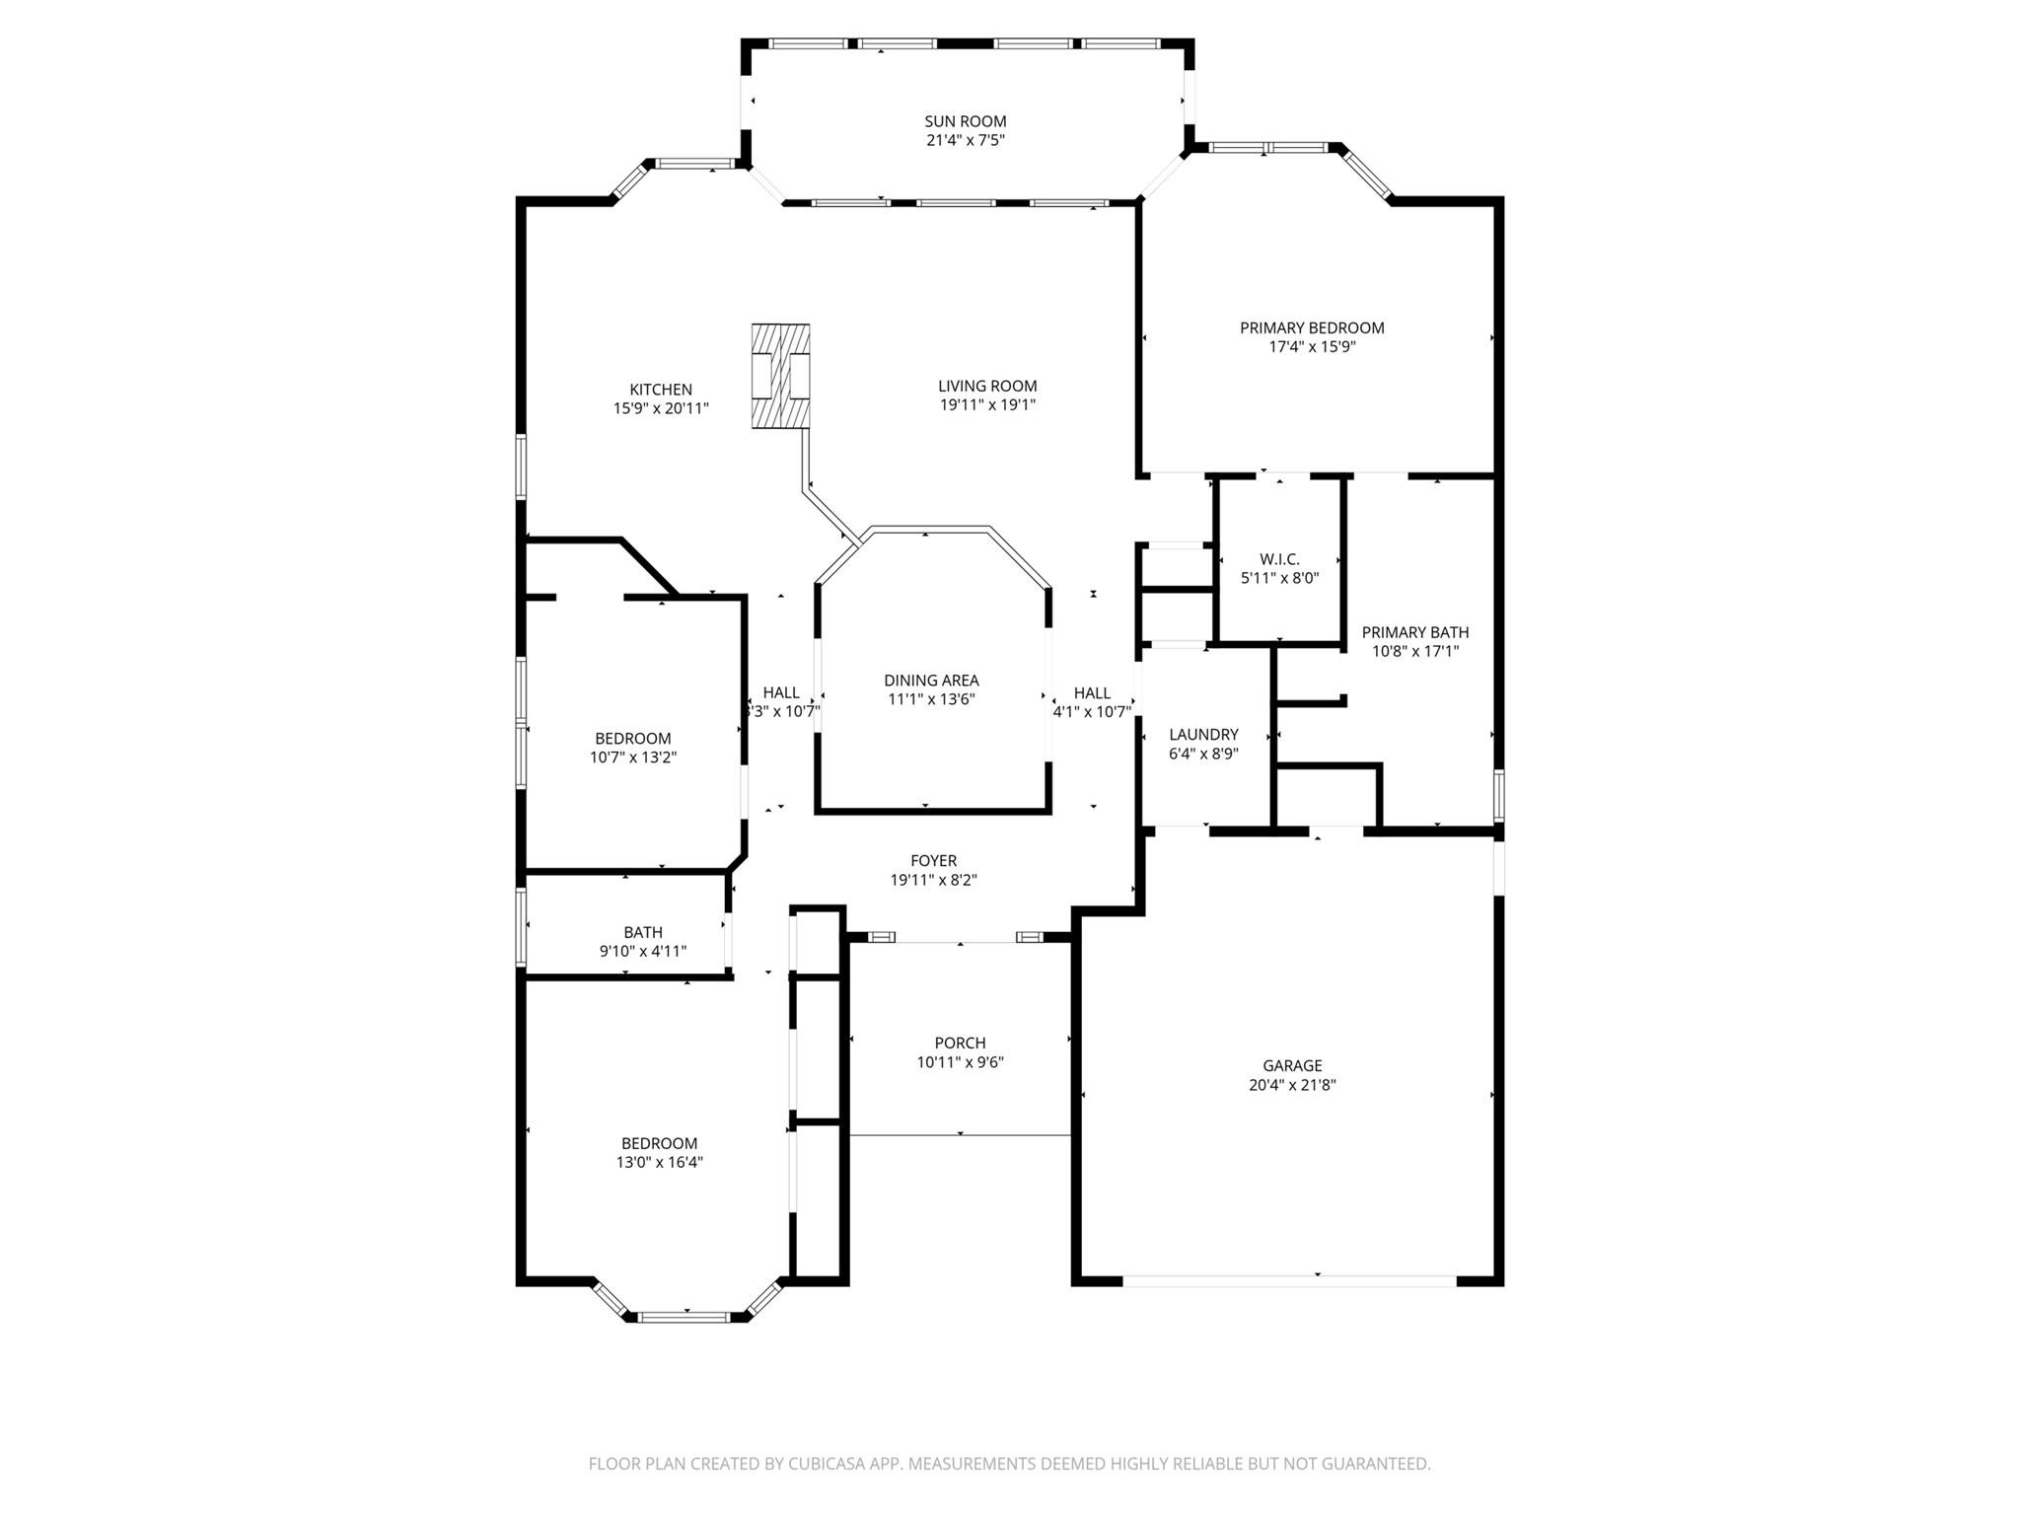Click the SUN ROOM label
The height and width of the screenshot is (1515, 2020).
point(965,121)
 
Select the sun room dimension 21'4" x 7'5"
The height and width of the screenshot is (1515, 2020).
point(965,140)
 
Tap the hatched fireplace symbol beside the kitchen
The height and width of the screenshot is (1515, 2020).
point(780,376)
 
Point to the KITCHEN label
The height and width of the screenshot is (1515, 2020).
point(661,390)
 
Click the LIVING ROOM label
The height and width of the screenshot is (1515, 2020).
point(987,386)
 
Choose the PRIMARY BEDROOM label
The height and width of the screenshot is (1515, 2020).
point(1312,327)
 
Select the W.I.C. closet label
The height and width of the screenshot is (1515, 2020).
point(1279,559)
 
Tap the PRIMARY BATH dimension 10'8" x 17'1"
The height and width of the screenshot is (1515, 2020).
point(1415,651)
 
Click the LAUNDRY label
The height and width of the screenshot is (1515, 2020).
point(1203,734)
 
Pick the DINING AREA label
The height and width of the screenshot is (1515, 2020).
point(931,680)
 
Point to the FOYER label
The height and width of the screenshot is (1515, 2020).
point(933,861)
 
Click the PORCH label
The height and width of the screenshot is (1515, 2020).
point(960,1043)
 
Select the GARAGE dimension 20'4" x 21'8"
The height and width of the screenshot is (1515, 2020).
point(1292,1084)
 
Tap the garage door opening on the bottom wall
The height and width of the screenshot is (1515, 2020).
point(1289,1280)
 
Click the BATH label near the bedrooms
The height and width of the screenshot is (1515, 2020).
point(643,932)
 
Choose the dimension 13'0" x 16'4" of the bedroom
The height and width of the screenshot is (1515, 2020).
point(660,1162)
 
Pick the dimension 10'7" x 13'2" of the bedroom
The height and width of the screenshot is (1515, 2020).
point(632,757)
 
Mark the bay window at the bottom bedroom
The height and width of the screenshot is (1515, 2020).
point(687,1302)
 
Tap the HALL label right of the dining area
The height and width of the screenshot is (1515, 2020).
point(1092,692)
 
